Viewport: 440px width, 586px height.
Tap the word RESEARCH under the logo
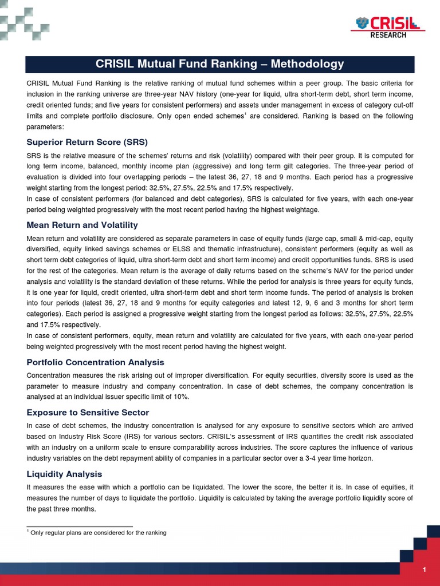coord(388,35)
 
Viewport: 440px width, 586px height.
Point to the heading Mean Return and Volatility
coord(82,225)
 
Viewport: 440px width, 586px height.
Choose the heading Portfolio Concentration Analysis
coord(95,362)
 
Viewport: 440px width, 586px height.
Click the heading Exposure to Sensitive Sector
coord(87,413)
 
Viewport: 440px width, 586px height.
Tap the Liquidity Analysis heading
coord(64,474)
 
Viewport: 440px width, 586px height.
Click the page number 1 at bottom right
coord(424,569)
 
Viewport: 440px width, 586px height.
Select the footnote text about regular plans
coord(98,533)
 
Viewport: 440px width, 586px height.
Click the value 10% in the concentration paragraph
coord(180,397)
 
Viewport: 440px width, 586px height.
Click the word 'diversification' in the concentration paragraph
coord(258,375)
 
